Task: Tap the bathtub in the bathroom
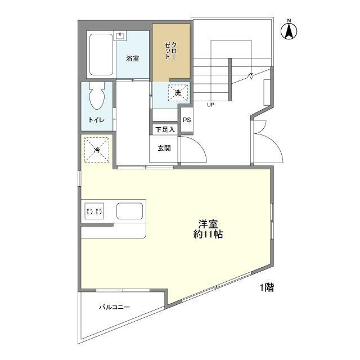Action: (x=101, y=55)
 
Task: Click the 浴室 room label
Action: (x=133, y=58)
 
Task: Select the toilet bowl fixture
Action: (x=97, y=96)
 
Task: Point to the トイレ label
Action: (x=96, y=120)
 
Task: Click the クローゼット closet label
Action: (x=171, y=51)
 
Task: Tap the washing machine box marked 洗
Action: (x=178, y=93)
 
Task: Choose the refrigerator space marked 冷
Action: (x=97, y=150)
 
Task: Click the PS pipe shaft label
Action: (x=187, y=120)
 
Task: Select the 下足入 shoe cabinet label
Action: (x=165, y=129)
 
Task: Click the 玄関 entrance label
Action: (x=164, y=148)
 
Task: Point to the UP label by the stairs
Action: (x=210, y=105)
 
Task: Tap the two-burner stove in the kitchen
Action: (x=94, y=211)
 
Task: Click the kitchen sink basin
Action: (x=129, y=211)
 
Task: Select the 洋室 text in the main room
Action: (x=208, y=224)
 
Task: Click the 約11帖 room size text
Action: (x=208, y=235)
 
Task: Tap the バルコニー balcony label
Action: (x=115, y=307)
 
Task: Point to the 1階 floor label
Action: (x=267, y=287)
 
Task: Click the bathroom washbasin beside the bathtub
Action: (x=120, y=36)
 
